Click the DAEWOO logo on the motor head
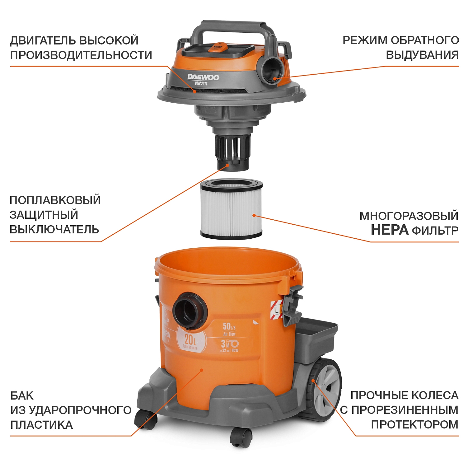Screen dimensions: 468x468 point(203,77)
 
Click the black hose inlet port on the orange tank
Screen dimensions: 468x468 point(189,310)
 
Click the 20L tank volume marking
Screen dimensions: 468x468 point(190,340)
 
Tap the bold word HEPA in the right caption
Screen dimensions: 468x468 point(389,230)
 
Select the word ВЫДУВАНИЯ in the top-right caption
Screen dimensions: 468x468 point(422,55)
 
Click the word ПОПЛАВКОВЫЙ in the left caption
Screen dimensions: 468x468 point(55,200)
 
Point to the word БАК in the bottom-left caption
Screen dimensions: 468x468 point(22,396)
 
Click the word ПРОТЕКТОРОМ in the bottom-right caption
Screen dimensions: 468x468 point(415,425)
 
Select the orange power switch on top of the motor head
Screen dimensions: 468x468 point(216,47)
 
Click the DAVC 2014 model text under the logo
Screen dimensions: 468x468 point(201,84)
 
